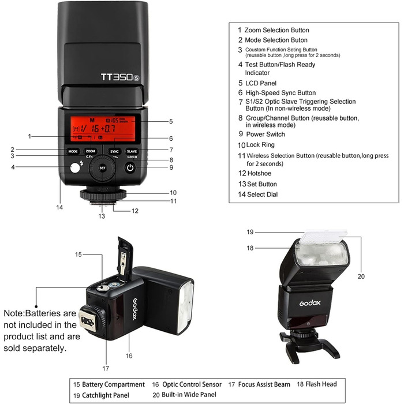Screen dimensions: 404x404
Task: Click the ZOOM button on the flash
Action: click(x=90, y=151)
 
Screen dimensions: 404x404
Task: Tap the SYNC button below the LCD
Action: click(x=114, y=151)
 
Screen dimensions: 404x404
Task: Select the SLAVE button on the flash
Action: click(x=132, y=151)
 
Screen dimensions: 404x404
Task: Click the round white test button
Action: click(x=73, y=169)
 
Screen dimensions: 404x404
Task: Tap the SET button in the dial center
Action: click(x=102, y=168)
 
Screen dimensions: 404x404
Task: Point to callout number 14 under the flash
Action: click(x=59, y=207)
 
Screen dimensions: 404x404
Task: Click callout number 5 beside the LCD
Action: click(x=171, y=122)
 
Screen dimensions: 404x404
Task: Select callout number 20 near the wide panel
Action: click(x=361, y=276)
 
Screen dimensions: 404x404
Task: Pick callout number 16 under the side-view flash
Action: click(x=129, y=356)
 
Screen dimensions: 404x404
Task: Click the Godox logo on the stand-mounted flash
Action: click(x=309, y=301)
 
